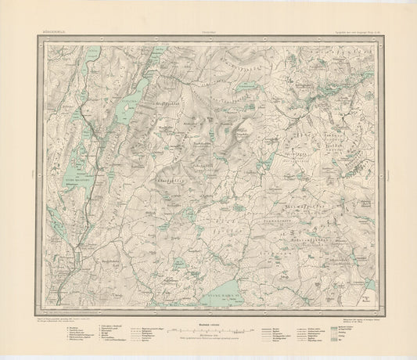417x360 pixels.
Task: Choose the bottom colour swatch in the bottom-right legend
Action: pyautogui.click(x=347, y=341)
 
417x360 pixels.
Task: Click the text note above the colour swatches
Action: pyautogui.click(x=360, y=319)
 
